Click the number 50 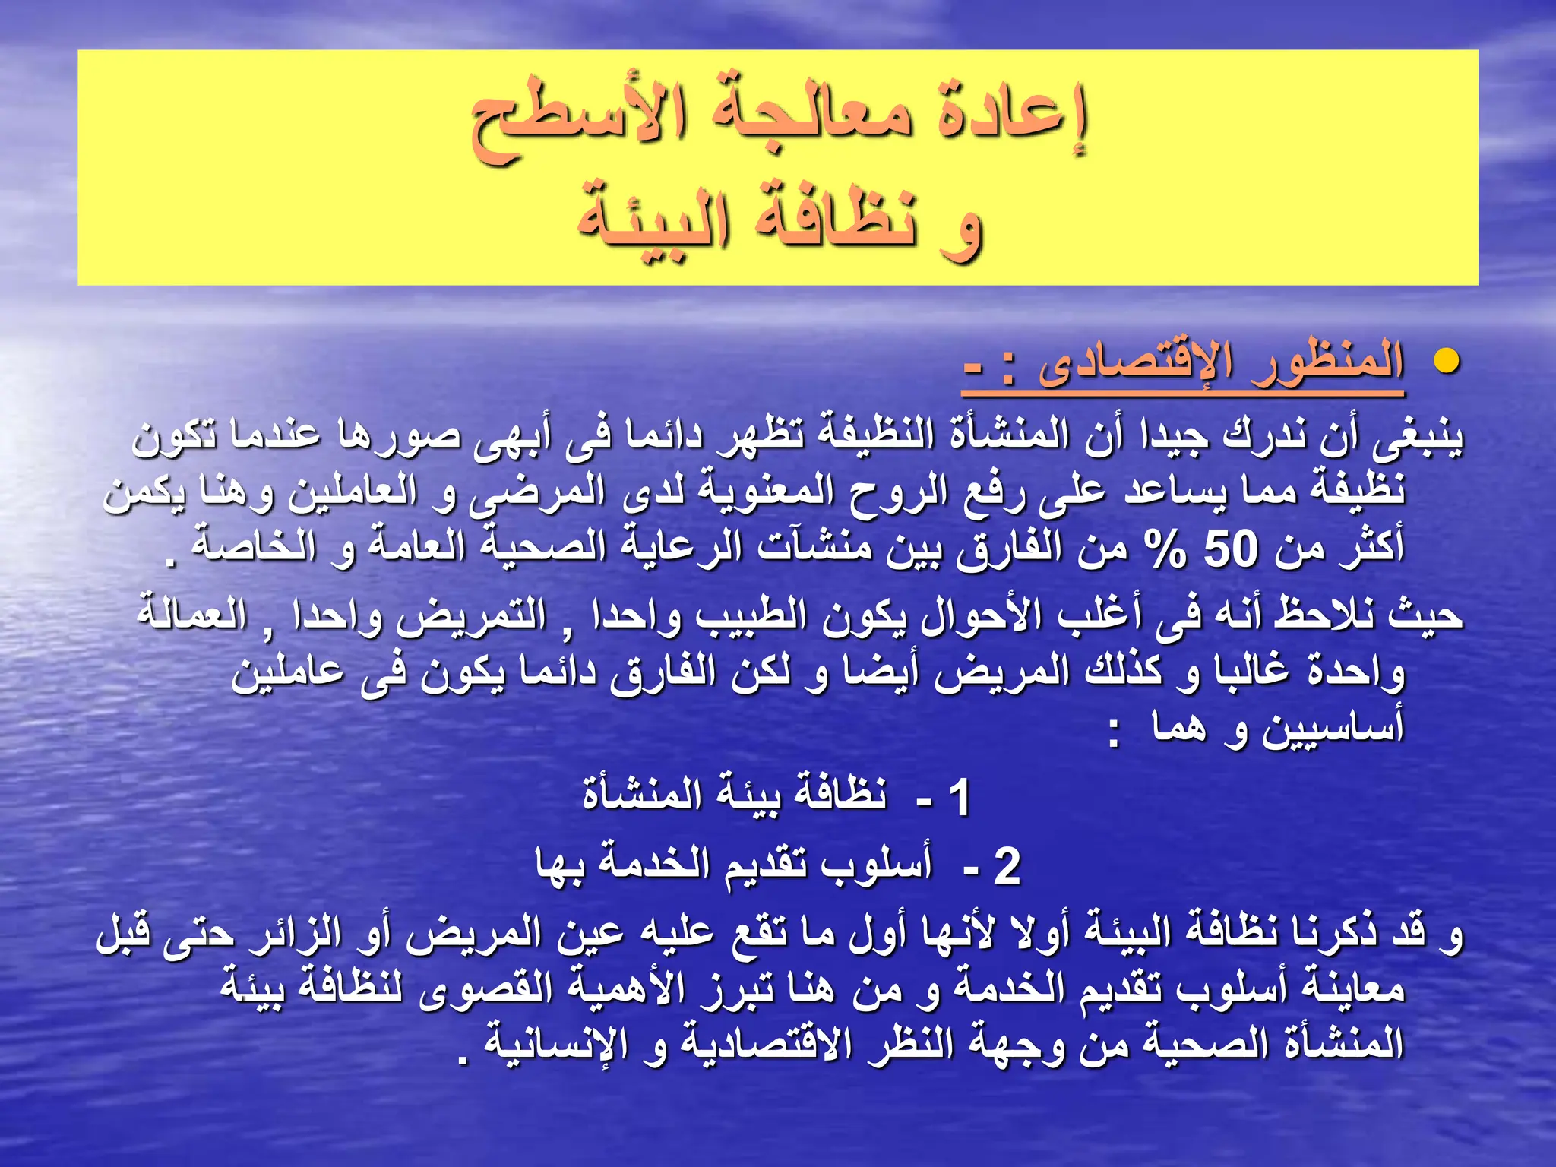1232,549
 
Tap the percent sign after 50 1166,549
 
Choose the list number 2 1007,865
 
